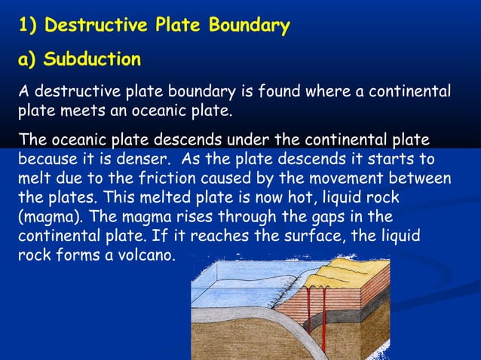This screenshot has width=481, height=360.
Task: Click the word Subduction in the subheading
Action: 92,59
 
